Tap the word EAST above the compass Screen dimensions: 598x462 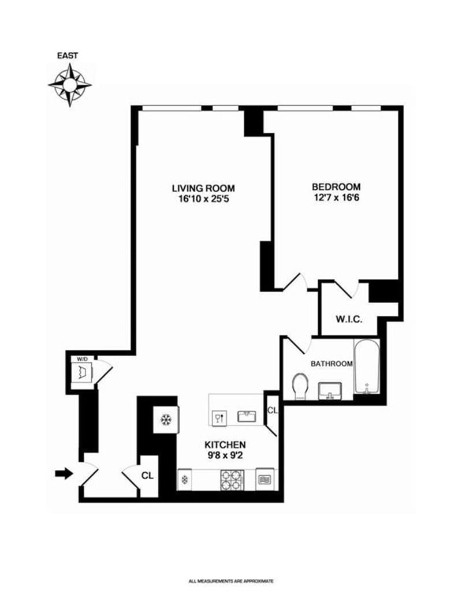tap(68, 56)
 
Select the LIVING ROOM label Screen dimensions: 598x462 tap(203, 188)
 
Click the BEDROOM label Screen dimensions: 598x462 tap(336, 187)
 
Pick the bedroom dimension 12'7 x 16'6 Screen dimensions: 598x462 tap(336, 198)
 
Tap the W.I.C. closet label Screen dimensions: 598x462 tap(349, 319)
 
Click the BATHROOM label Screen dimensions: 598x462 tap(331, 364)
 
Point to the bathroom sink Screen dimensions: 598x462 tap(331, 390)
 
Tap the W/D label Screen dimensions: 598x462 tap(83, 359)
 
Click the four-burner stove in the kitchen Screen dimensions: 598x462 tap(230, 479)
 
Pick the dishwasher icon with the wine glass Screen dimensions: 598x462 tap(220, 417)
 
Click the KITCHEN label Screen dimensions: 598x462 tap(226, 445)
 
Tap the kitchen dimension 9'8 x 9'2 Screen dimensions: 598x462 tap(226, 455)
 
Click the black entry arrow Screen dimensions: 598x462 tap(64, 474)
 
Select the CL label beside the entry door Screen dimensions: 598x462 tap(148, 477)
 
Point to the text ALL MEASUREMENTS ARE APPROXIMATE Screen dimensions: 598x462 tap(231, 581)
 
